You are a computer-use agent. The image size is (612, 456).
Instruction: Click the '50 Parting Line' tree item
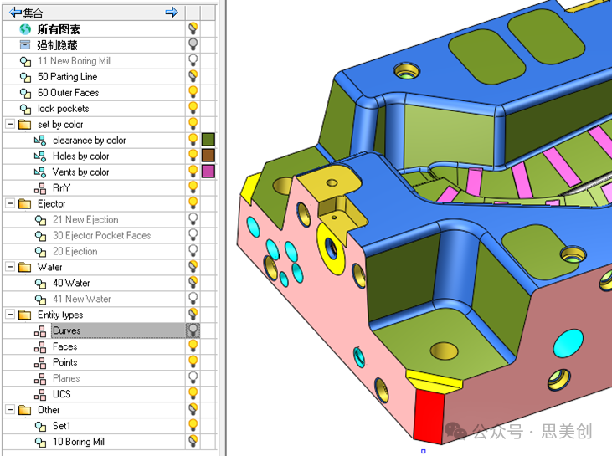coord(67,77)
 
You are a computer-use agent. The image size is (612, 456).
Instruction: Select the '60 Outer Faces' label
coord(69,93)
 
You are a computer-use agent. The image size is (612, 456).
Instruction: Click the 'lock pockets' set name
coord(64,109)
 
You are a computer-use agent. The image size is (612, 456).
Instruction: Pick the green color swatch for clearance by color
coord(208,140)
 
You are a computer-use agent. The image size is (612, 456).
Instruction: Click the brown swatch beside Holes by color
coord(208,156)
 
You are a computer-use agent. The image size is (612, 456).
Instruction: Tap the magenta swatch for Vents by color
coord(208,172)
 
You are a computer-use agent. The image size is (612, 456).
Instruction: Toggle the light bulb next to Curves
coord(193,330)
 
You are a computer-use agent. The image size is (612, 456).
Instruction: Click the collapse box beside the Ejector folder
coord(11,203)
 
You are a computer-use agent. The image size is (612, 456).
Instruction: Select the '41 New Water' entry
coord(81,299)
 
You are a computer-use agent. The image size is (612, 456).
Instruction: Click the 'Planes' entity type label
coord(66,378)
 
